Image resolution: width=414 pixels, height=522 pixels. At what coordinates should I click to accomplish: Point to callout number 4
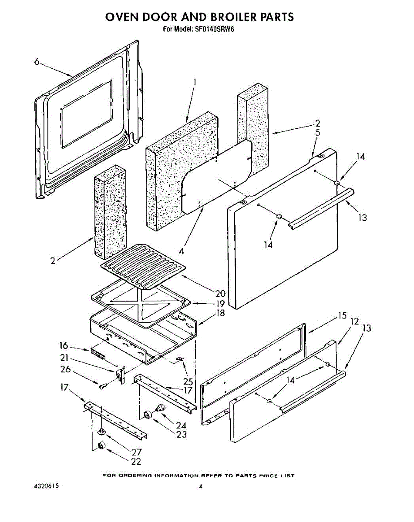tap(182, 251)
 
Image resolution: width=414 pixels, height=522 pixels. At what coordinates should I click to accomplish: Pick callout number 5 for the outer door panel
tap(318, 133)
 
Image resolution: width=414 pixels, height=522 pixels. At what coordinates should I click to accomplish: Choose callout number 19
tap(220, 303)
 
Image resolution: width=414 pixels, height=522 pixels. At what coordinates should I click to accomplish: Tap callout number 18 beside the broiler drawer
tap(220, 313)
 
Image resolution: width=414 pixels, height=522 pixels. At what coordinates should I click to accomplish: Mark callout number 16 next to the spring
tap(64, 346)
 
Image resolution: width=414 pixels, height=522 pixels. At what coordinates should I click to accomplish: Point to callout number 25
tap(188, 381)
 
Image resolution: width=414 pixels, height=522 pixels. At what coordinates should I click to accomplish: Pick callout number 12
tap(354, 321)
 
